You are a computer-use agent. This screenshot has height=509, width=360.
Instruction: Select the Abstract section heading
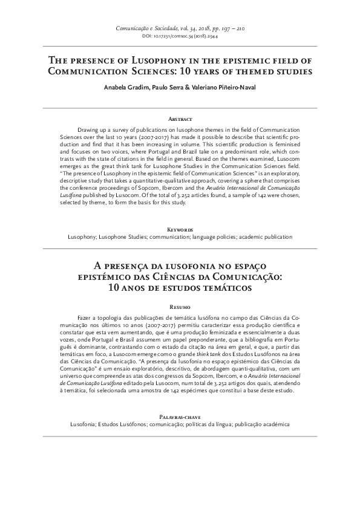pos(180,120)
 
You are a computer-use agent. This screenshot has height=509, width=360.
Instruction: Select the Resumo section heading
pos(180,307)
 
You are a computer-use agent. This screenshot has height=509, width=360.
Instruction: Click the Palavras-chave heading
pos(180,418)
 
